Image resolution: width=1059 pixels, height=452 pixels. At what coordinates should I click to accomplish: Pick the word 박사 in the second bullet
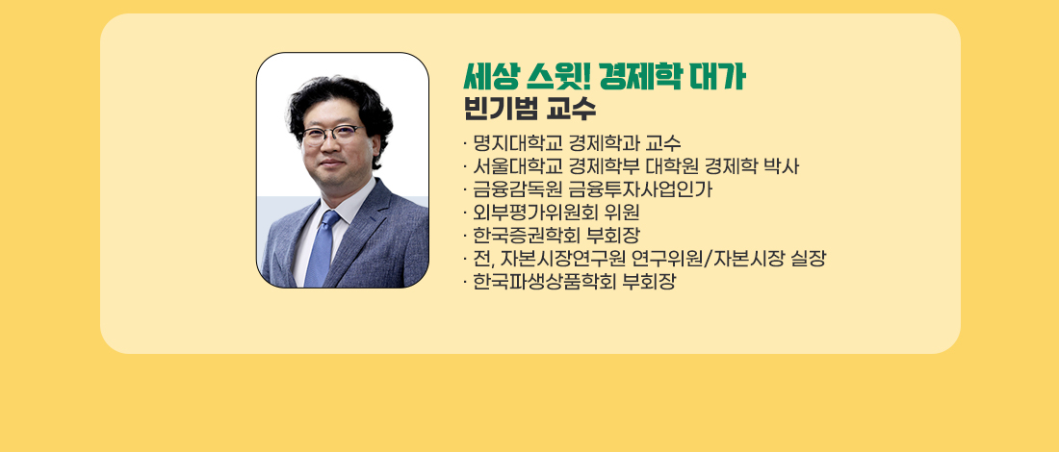point(781,166)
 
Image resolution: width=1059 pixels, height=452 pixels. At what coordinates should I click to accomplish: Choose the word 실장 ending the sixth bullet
point(808,259)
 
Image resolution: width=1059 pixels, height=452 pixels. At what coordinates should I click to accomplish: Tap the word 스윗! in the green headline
point(557,78)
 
